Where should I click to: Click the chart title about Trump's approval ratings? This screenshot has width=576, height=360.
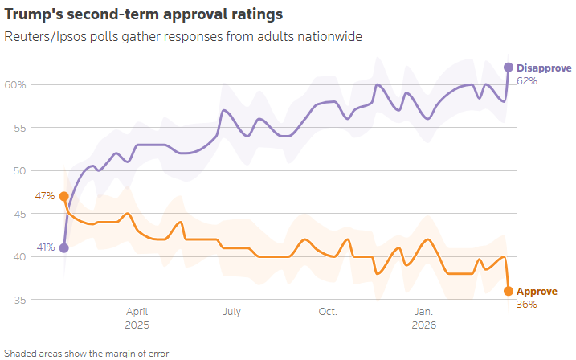click(x=144, y=15)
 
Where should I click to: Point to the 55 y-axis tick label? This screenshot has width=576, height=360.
click(x=19, y=128)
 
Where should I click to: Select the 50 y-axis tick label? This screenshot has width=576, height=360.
click(x=19, y=171)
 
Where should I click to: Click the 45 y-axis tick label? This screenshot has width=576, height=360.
click(x=19, y=214)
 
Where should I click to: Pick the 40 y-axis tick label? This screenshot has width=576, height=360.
click(x=19, y=257)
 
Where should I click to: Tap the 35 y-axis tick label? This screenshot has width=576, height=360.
click(x=19, y=300)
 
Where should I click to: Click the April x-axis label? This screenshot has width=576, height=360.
click(x=137, y=312)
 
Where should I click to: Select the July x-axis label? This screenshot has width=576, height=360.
click(x=232, y=312)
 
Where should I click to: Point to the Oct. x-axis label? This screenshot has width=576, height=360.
click(x=328, y=312)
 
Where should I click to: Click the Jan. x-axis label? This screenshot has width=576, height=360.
click(x=424, y=312)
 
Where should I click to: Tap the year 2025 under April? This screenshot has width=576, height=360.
click(x=137, y=325)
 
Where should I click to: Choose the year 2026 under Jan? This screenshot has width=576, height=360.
click(x=424, y=325)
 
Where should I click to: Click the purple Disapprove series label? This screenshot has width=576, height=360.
click(x=543, y=67)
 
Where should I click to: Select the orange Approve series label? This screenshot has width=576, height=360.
click(x=537, y=292)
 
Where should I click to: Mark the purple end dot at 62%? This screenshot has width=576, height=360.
click(x=508, y=67)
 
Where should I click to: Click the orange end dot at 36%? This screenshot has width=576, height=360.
click(x=508, y=291)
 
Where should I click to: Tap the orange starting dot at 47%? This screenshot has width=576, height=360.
click(x=64, y=196)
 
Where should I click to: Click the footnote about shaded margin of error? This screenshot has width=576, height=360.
click(x=87, y=353)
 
